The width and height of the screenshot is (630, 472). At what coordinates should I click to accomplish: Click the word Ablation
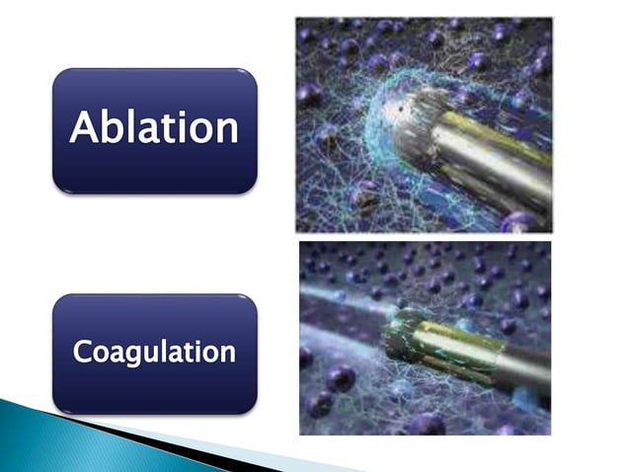coord(154,129)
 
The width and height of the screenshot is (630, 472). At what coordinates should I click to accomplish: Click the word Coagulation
coord(154,353)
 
